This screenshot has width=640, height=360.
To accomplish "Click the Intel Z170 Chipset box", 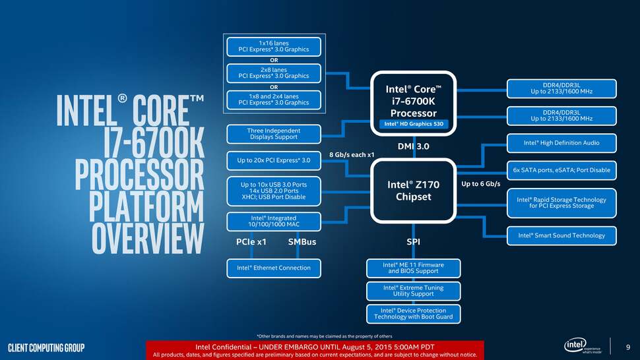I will [413, 190].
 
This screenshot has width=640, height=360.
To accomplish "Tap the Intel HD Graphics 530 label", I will [413, 124].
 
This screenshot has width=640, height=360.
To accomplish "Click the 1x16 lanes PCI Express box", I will [273, 47].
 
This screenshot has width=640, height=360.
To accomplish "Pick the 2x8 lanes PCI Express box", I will [273, 72].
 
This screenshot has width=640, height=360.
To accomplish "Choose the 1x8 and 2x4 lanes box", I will [273, 99].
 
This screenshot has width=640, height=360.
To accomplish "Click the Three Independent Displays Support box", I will [273, 134].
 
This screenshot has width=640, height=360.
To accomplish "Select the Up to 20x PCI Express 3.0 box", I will [273, 160].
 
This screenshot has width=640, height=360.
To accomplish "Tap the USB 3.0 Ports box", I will [273, 190].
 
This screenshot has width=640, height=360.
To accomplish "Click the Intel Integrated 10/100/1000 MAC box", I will [273, 222].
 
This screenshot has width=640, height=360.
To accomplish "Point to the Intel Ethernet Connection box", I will [273, 268].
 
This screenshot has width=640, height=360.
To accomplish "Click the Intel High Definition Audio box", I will [561, 142].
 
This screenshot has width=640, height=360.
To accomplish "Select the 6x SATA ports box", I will [561, 170].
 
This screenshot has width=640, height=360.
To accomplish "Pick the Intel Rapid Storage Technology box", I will [561, 202].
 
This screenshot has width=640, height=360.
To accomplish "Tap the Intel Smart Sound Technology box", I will [561, 235].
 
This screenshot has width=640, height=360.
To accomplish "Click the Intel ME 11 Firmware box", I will [413, 268].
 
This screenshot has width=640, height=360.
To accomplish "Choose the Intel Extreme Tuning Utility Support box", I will [413, 291].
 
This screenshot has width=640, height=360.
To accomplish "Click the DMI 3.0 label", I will [413, 146].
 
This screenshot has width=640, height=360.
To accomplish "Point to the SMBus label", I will [302, 242].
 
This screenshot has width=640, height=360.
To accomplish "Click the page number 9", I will [627, 347].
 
